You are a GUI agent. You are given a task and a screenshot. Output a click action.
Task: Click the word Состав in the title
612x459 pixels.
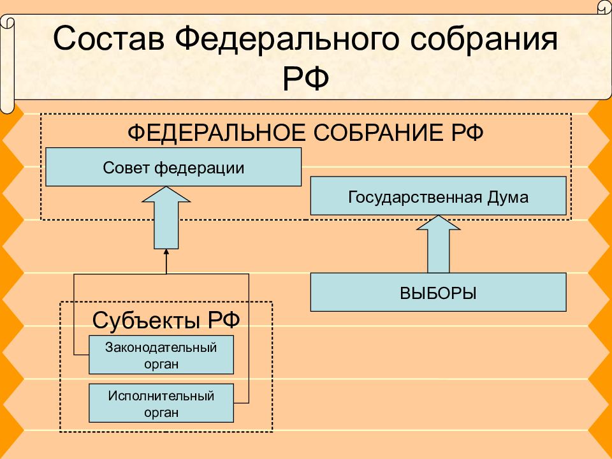(x=108, y=39)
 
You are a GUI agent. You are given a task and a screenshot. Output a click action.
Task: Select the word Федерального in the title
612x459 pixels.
(x=287, y=39)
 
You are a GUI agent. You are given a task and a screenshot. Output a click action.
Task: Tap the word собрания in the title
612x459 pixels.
(x=484, y=39)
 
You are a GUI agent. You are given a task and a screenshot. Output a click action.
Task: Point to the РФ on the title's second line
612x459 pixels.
(x=305, y=78)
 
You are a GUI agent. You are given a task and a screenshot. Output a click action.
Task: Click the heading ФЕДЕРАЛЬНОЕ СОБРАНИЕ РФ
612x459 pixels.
(x=305, y=133)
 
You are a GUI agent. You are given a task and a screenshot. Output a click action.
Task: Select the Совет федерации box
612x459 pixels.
(x=173, y=166)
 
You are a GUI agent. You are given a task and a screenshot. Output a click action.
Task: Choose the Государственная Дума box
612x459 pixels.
(x=439, y=196)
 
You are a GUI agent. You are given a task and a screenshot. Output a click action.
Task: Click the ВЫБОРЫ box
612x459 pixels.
(x=439, y=292)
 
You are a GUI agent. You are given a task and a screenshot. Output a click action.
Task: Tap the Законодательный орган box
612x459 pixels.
(x=161, y=355)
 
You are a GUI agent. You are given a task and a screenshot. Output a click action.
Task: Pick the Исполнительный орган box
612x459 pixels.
(x=161, y=403)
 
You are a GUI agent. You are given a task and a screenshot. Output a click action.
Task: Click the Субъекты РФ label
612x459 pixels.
(x=166, y=321)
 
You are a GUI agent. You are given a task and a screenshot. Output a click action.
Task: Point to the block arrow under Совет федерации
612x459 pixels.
(x=166, y=217)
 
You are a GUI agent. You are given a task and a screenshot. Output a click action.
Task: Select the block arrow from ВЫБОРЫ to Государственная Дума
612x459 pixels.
(x=439, y=244)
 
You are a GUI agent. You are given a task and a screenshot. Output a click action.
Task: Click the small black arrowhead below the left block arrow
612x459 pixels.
(x=166, y=252)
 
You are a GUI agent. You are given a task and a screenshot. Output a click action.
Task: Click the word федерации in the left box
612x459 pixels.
(x=200, y=168)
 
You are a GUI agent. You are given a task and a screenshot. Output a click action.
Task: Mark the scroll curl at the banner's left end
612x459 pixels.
(x=7, y=64)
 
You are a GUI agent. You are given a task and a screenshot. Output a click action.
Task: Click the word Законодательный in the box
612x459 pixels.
(x=161, y=347)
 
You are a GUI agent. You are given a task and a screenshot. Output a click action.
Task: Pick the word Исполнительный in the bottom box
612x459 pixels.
(x=161, y=396)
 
